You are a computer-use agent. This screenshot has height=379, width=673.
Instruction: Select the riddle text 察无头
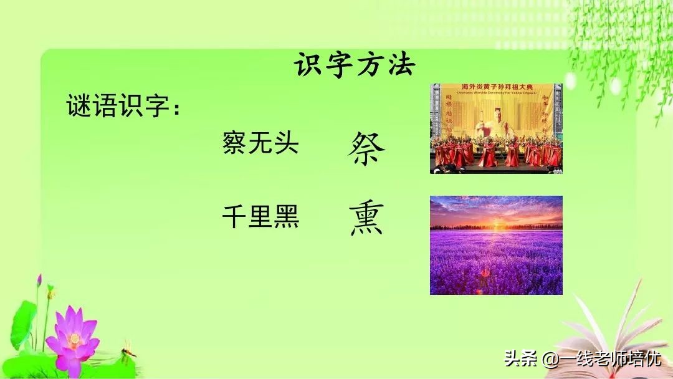(x=260, y=144)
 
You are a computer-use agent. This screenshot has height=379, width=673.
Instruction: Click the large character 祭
(x=366, y=149)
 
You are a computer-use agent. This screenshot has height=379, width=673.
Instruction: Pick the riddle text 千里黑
(x=260, y=218)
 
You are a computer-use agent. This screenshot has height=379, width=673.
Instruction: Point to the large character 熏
(x=366, y=218)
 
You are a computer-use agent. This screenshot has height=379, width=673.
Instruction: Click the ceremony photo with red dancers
(x=495, y=128)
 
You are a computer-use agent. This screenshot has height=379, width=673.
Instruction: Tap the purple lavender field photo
(x=495, y=245)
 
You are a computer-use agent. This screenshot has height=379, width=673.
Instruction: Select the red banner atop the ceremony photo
(x=495, y=88)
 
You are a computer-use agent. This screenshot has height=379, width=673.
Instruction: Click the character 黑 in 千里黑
(x=286, y=218)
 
